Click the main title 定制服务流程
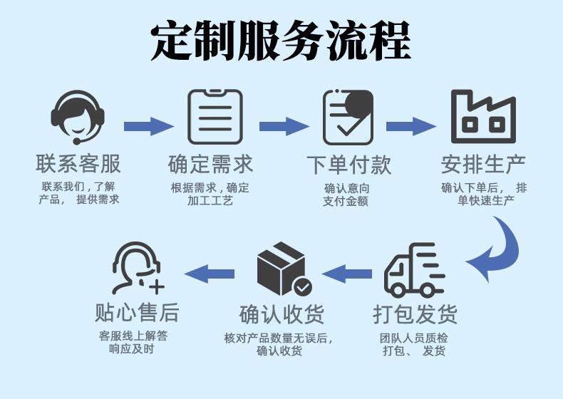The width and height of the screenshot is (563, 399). [x=281, y=40]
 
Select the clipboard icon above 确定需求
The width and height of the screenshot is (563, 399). [x=215, y=117]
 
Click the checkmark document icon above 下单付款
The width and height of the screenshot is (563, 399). [x=348, y=117]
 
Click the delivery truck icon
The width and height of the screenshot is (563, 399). [x=414, y=270]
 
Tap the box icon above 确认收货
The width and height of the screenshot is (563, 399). [x=284, y=269]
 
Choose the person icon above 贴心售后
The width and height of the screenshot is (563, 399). [x=138, y=269]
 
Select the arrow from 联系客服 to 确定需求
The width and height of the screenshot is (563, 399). [x=149, y=126]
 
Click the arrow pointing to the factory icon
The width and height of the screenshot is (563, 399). [x=411, y=126]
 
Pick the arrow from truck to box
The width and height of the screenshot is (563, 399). [x=347, y=274]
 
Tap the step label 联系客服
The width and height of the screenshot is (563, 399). [x=78, y=164]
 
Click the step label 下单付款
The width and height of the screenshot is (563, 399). [x=348, y=165]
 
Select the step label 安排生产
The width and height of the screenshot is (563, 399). [x=483, y=165]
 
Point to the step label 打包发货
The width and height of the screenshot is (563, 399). [x=415, y=314]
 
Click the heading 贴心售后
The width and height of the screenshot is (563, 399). [x=137, y=312]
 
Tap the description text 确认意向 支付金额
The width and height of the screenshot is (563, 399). [x=346, y=195]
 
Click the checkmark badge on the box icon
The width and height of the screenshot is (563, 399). [x=303, y=286]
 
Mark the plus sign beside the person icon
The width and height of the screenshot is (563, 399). [x=157, y=286]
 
